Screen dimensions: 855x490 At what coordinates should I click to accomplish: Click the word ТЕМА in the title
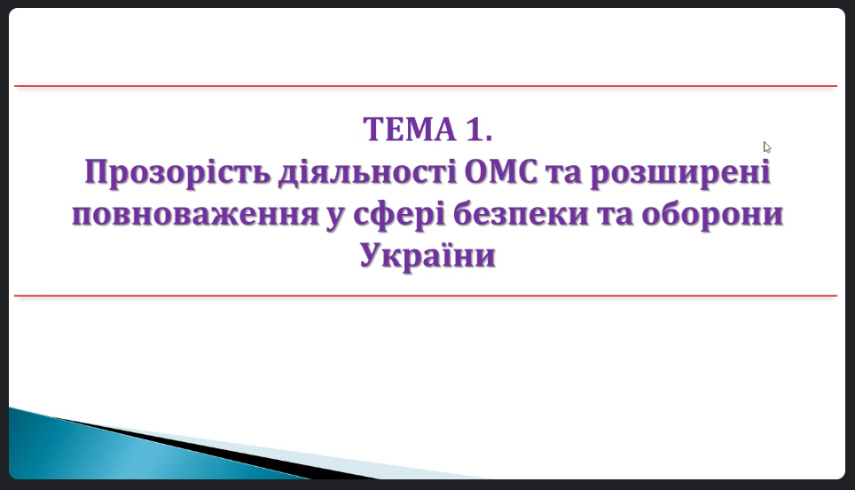tap(410, 130)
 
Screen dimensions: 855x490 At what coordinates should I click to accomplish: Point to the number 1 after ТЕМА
tap(475, 130)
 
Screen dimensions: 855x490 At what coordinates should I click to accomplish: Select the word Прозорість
tap(177, 172)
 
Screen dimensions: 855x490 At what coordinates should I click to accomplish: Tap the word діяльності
tap(367, 171)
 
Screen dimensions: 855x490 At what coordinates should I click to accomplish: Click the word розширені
tap(680, 172)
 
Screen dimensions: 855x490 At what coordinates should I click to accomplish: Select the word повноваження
tap(195, 214)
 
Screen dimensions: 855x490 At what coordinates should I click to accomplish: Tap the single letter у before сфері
tap(336, 217)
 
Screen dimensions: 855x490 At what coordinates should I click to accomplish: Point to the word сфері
tap(399, 214)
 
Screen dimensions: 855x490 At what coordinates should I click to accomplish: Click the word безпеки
tap(522, 213)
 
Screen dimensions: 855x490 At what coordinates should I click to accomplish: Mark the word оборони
tap(712, 213)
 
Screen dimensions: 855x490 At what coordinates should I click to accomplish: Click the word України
tap(427, 255)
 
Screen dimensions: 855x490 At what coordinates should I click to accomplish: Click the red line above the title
tap(426, 86)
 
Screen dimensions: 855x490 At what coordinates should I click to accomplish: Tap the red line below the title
tap(426, 296)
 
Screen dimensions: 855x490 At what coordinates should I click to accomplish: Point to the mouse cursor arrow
tap(766, 147)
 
